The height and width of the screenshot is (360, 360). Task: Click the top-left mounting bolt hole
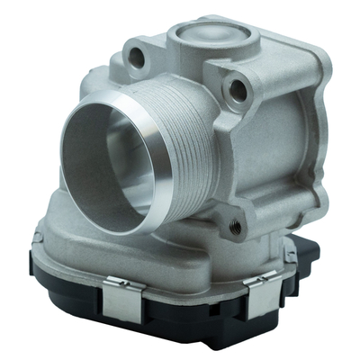click(x=137, y=58)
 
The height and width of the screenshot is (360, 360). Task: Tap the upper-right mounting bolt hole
click(x=238, y=88)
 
